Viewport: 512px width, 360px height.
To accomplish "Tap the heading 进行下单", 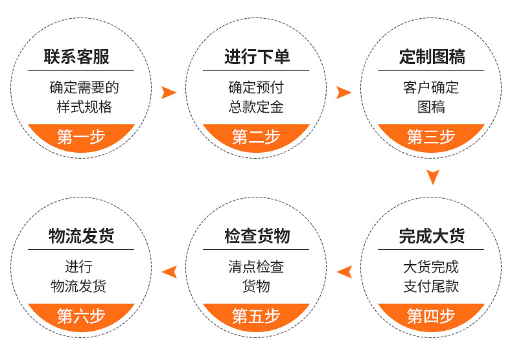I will [x=257, y=57].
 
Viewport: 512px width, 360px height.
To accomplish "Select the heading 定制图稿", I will [x=432, y=57].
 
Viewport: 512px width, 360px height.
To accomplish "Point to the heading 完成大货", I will [x=432, y=236].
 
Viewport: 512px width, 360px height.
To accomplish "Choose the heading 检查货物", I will [x=257, y=236].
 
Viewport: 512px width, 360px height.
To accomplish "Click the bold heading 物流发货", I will [x=81, y=236].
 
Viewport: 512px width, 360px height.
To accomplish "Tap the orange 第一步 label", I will [x=81, y=137].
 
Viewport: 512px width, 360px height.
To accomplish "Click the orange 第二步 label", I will [x=257, y=137].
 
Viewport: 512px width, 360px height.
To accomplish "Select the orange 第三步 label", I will [x=432, y=137].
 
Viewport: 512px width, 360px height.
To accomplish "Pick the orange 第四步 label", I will [x=432, y=316].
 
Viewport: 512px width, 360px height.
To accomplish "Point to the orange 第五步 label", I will [x=257, y=316].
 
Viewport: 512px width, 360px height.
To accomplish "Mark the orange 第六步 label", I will [x=81, y=316].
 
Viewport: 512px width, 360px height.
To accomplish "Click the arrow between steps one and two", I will [x=169, y=93].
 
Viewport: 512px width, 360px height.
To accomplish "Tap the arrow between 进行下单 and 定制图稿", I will [x=343, y=93].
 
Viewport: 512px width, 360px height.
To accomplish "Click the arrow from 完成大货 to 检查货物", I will [x=344, y=272].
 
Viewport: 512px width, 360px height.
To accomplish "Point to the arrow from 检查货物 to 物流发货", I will [x=169, y=272].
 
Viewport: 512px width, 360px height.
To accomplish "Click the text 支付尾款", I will [x=432, y=286].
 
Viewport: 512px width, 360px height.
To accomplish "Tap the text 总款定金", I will [x=257, y=107].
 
